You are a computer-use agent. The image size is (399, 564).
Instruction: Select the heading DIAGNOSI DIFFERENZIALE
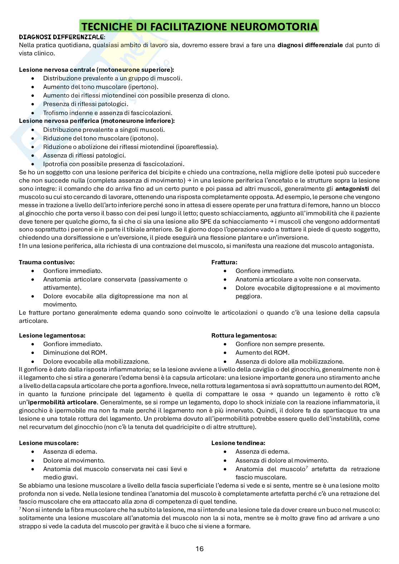pos(61,37)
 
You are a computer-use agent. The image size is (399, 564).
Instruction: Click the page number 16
pos(199,549)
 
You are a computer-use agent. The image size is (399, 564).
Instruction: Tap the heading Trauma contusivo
pos(47,262)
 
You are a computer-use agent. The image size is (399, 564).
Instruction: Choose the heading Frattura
pos(224,262)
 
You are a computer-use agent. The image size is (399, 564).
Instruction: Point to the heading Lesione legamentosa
pos(52,335)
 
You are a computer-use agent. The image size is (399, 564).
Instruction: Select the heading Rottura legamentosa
pos(244,335)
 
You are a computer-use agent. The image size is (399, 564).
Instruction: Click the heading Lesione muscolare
pos(49,443)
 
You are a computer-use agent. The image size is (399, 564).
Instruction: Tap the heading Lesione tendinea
pos(238,443)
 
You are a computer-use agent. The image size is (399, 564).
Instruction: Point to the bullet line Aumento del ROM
pos(262,353)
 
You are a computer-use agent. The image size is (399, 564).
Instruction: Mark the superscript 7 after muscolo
pos(307,467)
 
